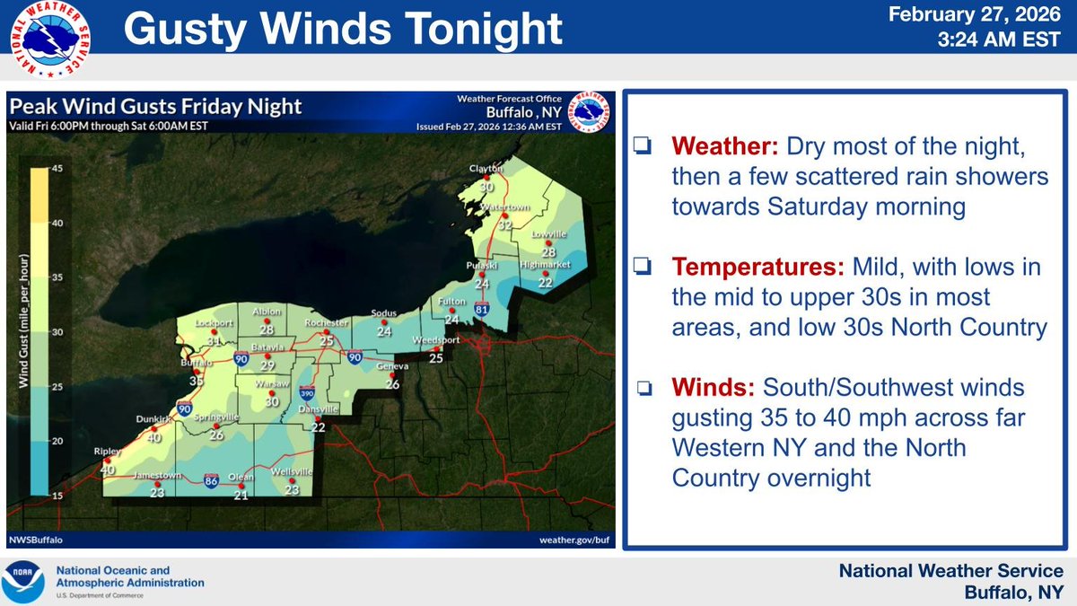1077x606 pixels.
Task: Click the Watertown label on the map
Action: pos(503,207)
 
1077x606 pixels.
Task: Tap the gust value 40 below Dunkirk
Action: pos(154,438)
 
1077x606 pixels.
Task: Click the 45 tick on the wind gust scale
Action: pos(55,169)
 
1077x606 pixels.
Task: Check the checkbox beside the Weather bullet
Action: pos(641,146)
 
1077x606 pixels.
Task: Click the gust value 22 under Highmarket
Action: pos(543,282)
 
